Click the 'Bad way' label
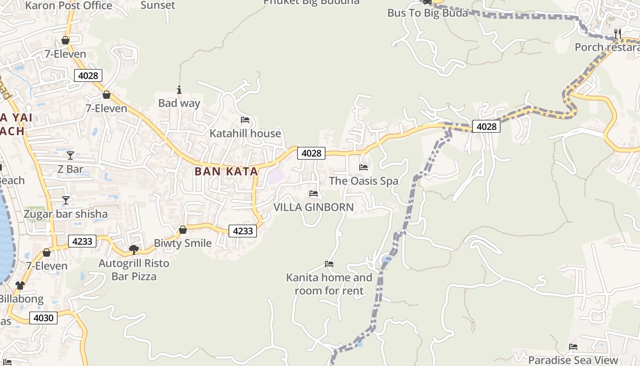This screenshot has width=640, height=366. tap(179, 103)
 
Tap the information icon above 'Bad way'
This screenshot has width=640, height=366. tap(179, 90)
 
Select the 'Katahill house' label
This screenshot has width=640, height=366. tap(245, 133)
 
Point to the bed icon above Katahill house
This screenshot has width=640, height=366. tap(245, 120)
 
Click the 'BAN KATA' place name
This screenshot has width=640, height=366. tap(226, 172)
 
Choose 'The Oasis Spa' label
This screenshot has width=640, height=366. tap(363, 181)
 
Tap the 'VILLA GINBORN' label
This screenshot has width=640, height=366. tap(314, 207)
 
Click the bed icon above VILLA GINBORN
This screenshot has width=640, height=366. tap(314, 194)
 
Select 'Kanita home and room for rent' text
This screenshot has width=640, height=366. tap(329, 284)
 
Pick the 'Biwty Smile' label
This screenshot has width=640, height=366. tap(183, 243)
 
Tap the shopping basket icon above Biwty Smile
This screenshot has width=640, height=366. tap(183, 230)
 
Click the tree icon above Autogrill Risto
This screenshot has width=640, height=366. tap(134, 249)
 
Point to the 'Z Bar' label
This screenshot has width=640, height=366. tap(70, 169)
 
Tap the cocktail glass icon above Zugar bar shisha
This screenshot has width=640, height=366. tap(66, 200)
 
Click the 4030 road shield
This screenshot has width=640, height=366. tap(43, 318)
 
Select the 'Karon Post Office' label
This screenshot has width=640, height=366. tap(69, 5)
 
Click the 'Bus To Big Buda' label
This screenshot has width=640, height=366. tap(427, 13)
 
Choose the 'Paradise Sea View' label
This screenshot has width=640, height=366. tap(573, 360)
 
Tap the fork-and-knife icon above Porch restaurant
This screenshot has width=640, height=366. tap(617, 33)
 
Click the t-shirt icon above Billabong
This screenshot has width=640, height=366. tap(20, 285)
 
